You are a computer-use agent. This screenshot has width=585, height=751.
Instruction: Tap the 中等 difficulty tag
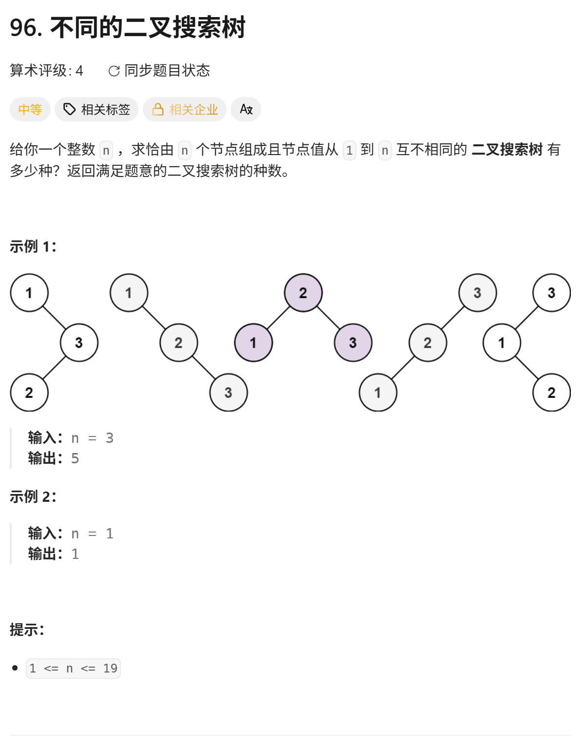pos(30,110)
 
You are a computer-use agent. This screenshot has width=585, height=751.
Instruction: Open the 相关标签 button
pos(97,110)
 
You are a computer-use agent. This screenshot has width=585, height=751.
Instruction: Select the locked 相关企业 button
pos(185,110)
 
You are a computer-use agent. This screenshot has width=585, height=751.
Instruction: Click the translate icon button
pos(246,110)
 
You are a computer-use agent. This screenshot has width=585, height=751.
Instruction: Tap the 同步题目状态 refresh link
pos(159,71)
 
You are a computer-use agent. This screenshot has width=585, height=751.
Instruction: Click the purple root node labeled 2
pos(303,293)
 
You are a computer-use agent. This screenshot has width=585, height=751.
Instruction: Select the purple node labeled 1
pos(253,343)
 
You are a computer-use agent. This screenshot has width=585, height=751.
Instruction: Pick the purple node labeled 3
pos(353,343)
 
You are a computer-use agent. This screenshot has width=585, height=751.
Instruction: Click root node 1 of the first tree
pos(29,293)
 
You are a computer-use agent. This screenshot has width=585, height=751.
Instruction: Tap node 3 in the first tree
pos(79,343)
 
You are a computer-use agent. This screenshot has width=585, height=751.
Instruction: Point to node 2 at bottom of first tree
pos(29,393)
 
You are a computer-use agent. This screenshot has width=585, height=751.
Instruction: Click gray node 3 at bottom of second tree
pos(229,393)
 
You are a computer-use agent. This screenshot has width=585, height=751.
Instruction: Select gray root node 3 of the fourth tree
pos(478,293)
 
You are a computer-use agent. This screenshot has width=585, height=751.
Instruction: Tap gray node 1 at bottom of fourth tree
pos(378,393)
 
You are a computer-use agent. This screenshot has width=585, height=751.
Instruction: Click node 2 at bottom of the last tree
pos(552,393)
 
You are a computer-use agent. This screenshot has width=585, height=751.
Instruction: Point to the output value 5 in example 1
pos(75,458)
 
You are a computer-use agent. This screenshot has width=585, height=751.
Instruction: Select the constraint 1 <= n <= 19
pos(73,668)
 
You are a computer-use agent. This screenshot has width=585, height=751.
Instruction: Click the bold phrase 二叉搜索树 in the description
pos(507,149)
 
